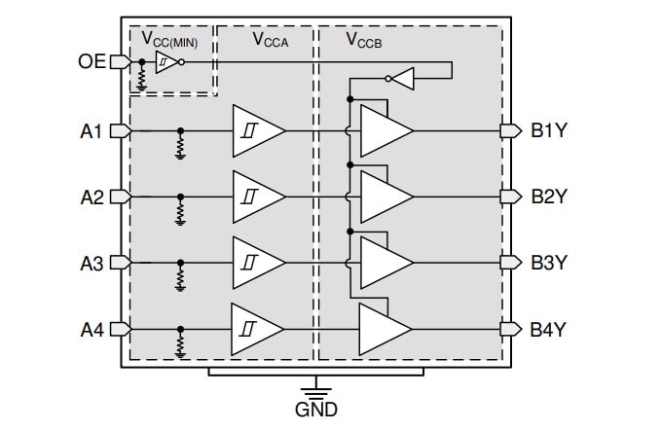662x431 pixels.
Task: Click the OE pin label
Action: tap(92, 62)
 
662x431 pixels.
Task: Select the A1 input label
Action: tap(92, 131)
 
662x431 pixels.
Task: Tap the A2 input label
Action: tap(92, 198)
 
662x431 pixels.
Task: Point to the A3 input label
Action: tap(92, 263)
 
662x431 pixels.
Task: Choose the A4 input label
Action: tap(92, 329)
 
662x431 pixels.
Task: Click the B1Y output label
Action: tap(548, 131)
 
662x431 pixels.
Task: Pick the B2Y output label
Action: tap(548, 198)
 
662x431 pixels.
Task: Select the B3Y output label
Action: tap(548, 263)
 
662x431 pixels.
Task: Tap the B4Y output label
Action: tap(548, 329)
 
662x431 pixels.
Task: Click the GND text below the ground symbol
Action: tap(315, 410)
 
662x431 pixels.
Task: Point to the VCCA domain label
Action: tap(270, 40)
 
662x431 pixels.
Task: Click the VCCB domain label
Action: tap(365, 40)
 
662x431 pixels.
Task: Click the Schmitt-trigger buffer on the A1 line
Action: tap(256, 131)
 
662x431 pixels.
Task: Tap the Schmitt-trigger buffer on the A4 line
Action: tap(256, 329)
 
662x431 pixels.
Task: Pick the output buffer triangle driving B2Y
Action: tap(384, 198)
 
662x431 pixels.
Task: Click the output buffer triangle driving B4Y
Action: tap(384, 329)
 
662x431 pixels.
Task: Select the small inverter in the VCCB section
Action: tap(401, 78)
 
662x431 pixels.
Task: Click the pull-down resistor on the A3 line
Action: tap(180, 278)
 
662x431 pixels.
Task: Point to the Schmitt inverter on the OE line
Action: tap(166, 62)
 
